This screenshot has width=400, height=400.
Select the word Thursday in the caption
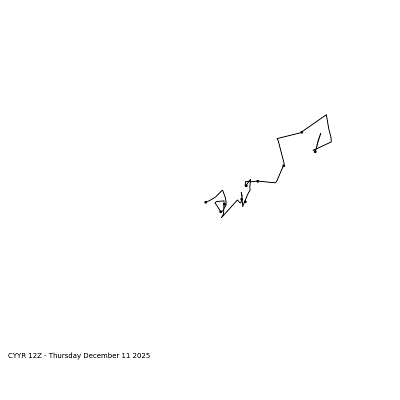point(65,356)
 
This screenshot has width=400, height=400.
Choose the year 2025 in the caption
point(140,356)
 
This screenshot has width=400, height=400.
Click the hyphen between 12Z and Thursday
point(45,356)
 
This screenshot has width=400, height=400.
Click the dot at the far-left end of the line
point(205,202)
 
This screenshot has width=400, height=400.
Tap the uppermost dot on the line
point(301,132)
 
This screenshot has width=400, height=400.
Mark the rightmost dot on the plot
point(315,151)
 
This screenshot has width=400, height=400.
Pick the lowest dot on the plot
point(220,211)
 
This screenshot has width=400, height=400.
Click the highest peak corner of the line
point(326,115)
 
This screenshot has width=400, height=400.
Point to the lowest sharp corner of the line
point(221,217)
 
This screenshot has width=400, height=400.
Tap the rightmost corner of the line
point(331,141)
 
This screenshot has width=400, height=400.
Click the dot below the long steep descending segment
point(283,165)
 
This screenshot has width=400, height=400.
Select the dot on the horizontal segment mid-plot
point(257,181)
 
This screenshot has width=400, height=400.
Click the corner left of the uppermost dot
point(277,138)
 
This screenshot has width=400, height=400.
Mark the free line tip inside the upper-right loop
point(320,133)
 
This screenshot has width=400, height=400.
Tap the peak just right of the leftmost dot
point(222,190)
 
